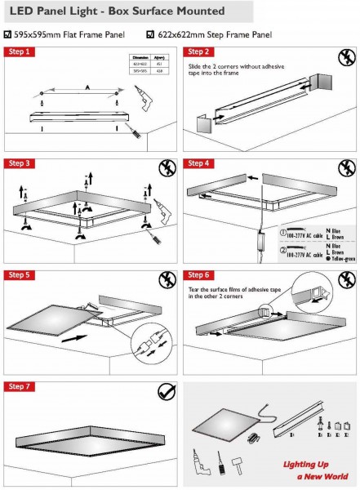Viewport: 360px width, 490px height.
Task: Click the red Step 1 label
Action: [20, 51]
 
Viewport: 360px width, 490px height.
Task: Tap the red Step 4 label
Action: [199, 163]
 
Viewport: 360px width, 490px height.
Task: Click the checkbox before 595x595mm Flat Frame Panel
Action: [7, 34]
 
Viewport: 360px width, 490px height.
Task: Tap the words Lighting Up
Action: [306, 465]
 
